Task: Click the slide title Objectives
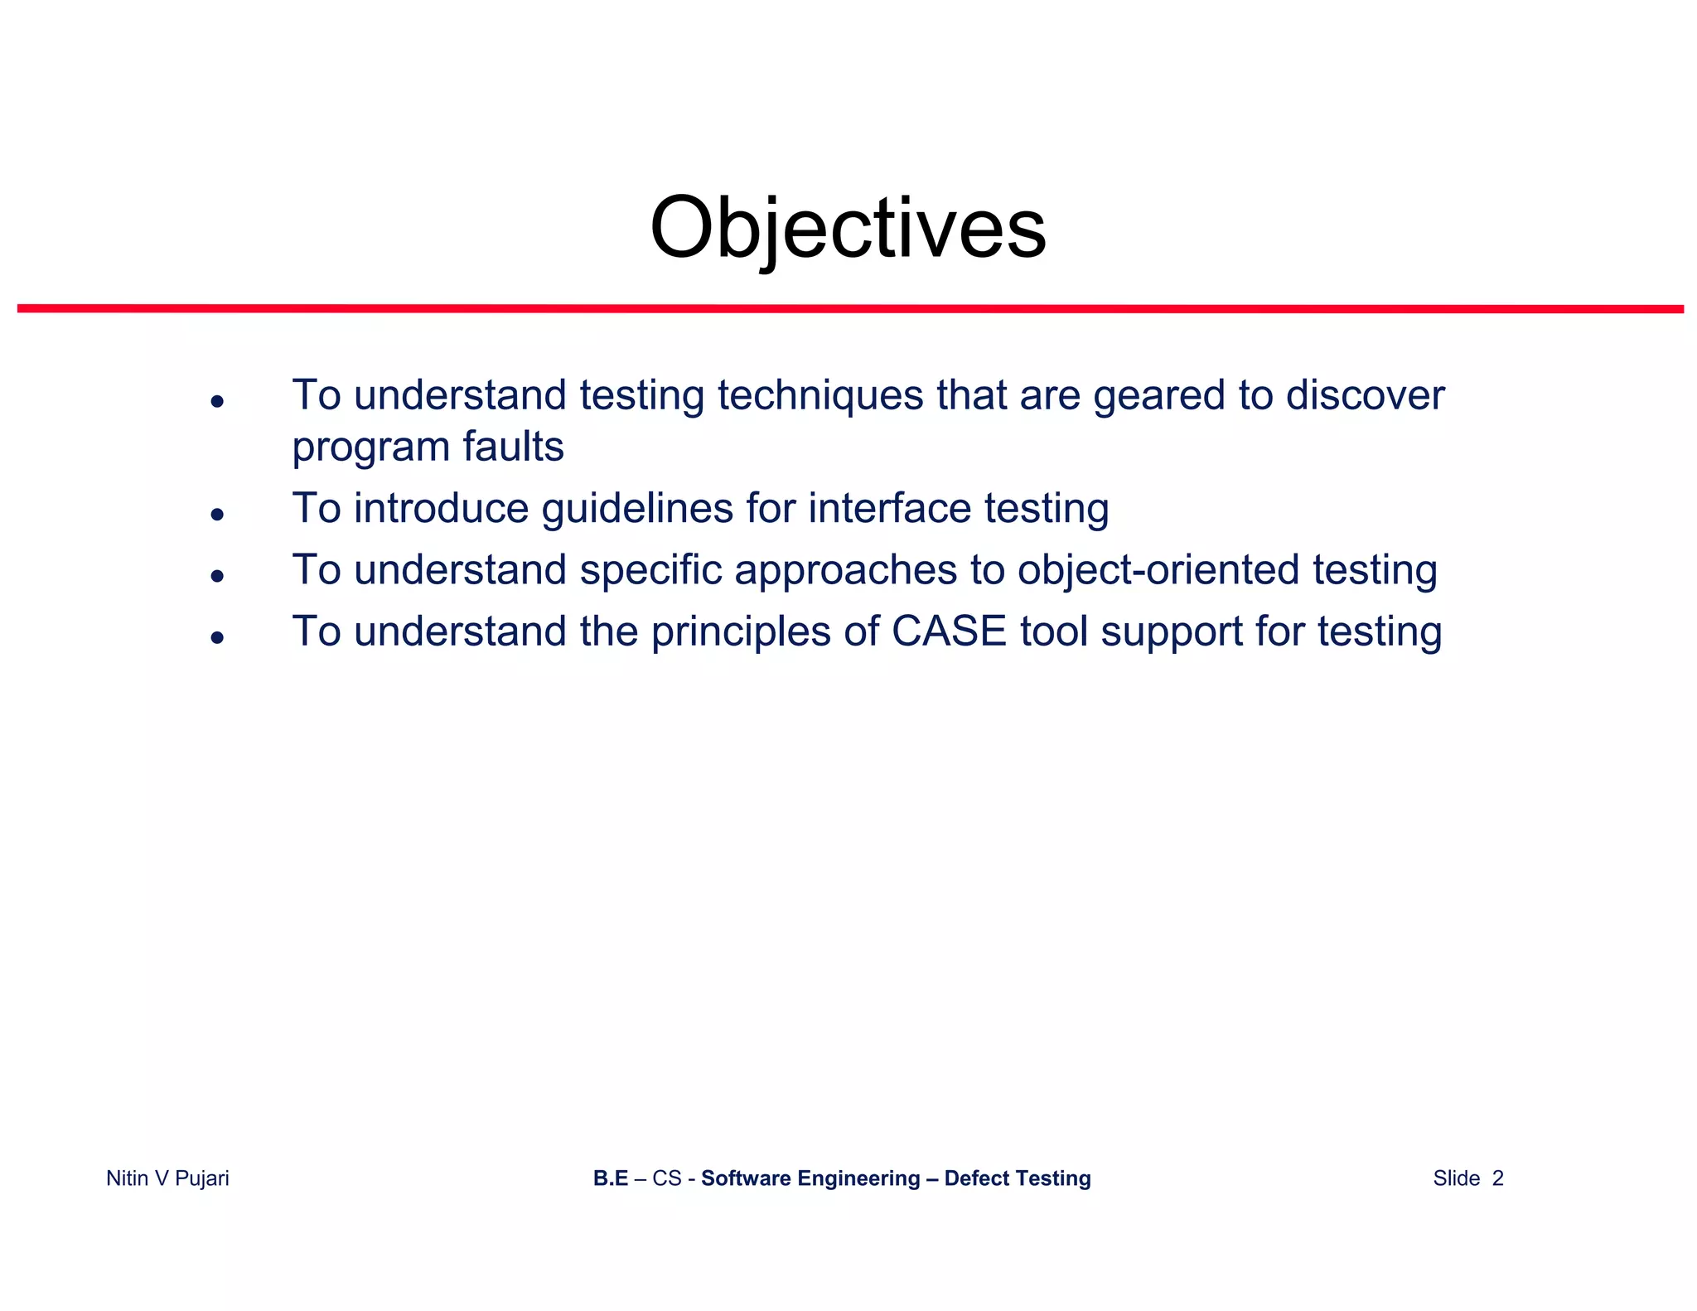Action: click(848, 228)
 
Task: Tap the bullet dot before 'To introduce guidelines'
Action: click(217, 515)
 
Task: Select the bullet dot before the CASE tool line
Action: click(217, 637)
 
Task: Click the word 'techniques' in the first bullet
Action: click(819, 395)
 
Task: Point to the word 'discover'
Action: click(1365, 395)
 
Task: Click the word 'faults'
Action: click(513, 447)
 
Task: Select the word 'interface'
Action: click(889, 508)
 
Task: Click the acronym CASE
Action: click(949, 631)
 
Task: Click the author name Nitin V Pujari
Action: click(167, 1178)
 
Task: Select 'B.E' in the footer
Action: click(610, 1178)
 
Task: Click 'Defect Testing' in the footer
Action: click(1017, 1178)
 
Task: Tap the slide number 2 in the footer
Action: click(1497, 1178)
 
